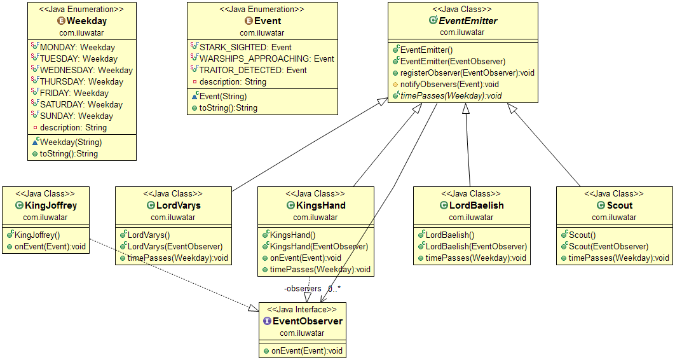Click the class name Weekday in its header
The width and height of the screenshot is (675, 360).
click(86, 21)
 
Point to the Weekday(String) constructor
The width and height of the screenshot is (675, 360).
click(71, 142)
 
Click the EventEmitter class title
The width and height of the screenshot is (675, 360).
click(468, 21)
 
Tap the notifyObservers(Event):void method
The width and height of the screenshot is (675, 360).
click(449, 84)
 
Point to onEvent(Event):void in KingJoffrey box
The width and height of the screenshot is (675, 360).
click(50, 246)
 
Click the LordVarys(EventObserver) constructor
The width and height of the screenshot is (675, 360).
click(175, 246)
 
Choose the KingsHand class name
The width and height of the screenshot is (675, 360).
click(321, 205)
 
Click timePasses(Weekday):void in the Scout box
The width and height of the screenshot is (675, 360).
click(618, 258)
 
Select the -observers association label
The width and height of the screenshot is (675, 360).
click(303, 289)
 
